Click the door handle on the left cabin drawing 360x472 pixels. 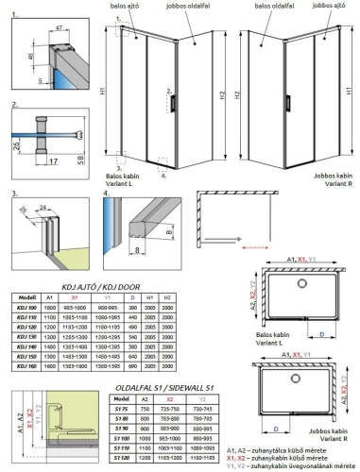(x=170, y=100)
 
